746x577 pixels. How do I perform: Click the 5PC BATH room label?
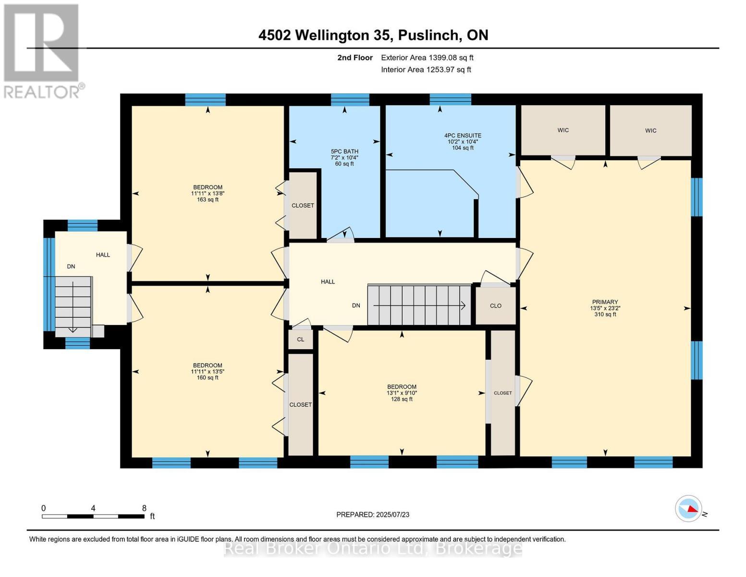click(x=344, y=157)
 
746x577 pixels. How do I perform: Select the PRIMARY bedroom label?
click(x=605, y=308)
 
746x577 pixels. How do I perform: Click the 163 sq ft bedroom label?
click(x=208, y=193)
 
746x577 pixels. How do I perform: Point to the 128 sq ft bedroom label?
click(x=402, y=393)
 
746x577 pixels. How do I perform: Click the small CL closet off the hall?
click(x=301, y=339)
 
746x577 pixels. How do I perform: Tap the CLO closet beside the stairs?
click(x=495, y=306)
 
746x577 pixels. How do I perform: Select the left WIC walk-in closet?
click(x=563, y=130)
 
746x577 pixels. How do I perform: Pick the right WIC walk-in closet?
click(x=650, y=130)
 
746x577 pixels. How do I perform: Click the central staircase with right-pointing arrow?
click(x=419, y=305)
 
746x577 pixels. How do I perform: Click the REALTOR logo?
click(x=42, y=51)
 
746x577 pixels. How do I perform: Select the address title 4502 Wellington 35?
click(x=373, y=35)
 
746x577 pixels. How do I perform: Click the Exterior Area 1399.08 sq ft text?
click(x=427, y=58)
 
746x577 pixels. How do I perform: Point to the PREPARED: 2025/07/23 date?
click(x=373, y=514)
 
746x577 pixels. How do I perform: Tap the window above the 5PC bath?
click(x=350, y=100)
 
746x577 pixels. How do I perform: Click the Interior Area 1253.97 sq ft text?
click(x=426, y=70)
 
